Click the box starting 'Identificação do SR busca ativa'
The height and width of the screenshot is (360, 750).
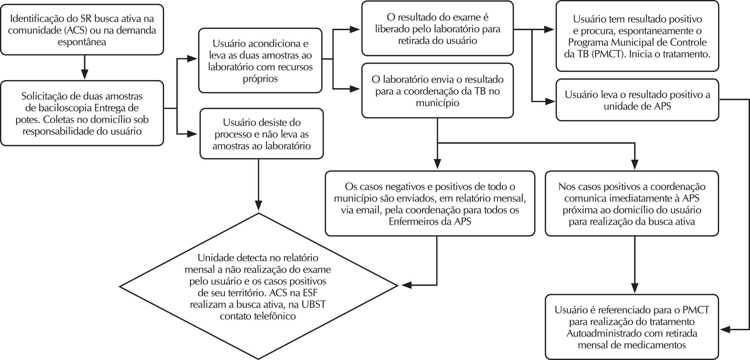click(x=82, y=30)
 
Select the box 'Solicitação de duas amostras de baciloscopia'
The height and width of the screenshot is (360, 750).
click(x=82, y=113)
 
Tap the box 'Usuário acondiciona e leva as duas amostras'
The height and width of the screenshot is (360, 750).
click(x=260, y=60)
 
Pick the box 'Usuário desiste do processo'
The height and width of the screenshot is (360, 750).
click(x=261, y=134)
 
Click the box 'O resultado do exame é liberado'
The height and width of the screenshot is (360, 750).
click(x=438, y=28)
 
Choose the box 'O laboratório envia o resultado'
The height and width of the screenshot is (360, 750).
click(x=438, y=91)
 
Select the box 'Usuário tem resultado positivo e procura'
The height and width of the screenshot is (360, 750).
click(x=637, y=36)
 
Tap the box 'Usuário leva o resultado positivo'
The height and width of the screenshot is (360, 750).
click(x=637, y=100)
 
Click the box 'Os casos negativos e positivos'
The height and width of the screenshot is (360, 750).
click(x=430, y=204)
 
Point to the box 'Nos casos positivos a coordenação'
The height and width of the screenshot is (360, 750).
click(x=632, y=204)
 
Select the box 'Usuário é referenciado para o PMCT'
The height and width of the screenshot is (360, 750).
click(x=632, y=327)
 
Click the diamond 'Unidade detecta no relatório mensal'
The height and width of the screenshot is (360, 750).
click(x=258, y=286)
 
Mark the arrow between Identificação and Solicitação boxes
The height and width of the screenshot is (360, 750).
click(x=85, y=67)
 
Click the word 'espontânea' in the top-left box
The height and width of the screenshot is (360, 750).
click(x=82, y=42)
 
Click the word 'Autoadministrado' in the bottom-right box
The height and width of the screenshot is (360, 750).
click(x=604, y=333)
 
